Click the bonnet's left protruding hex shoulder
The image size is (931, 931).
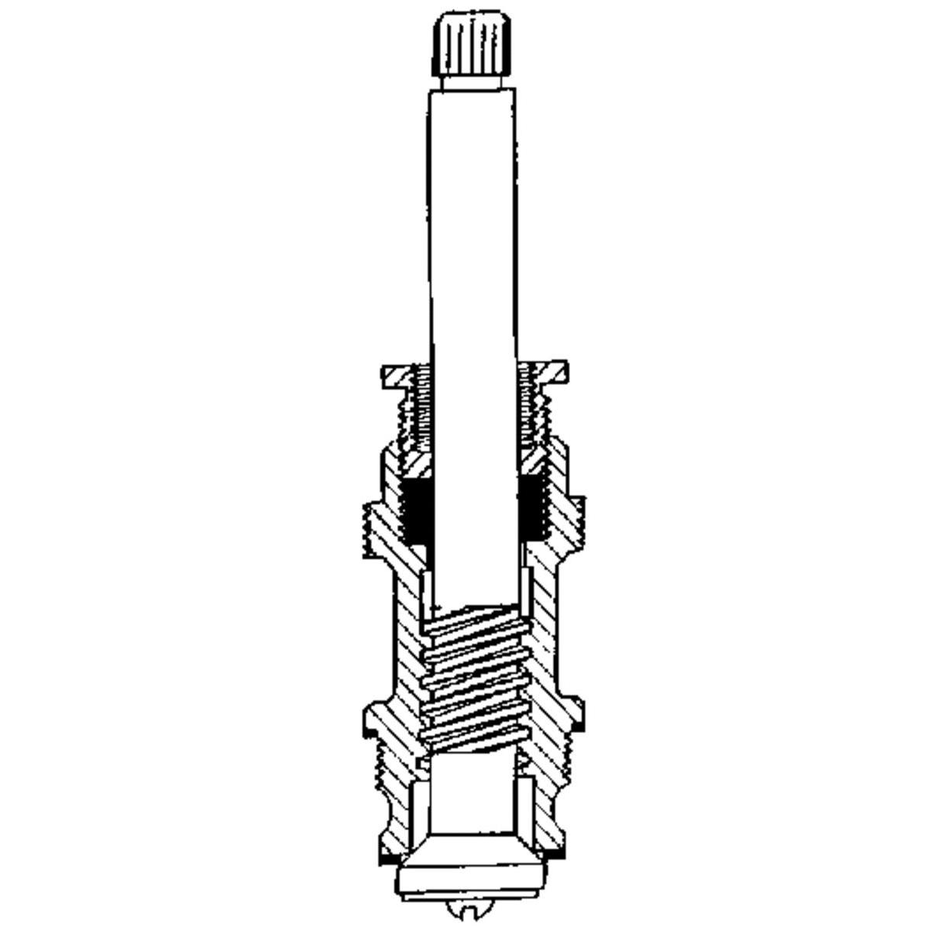375,527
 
